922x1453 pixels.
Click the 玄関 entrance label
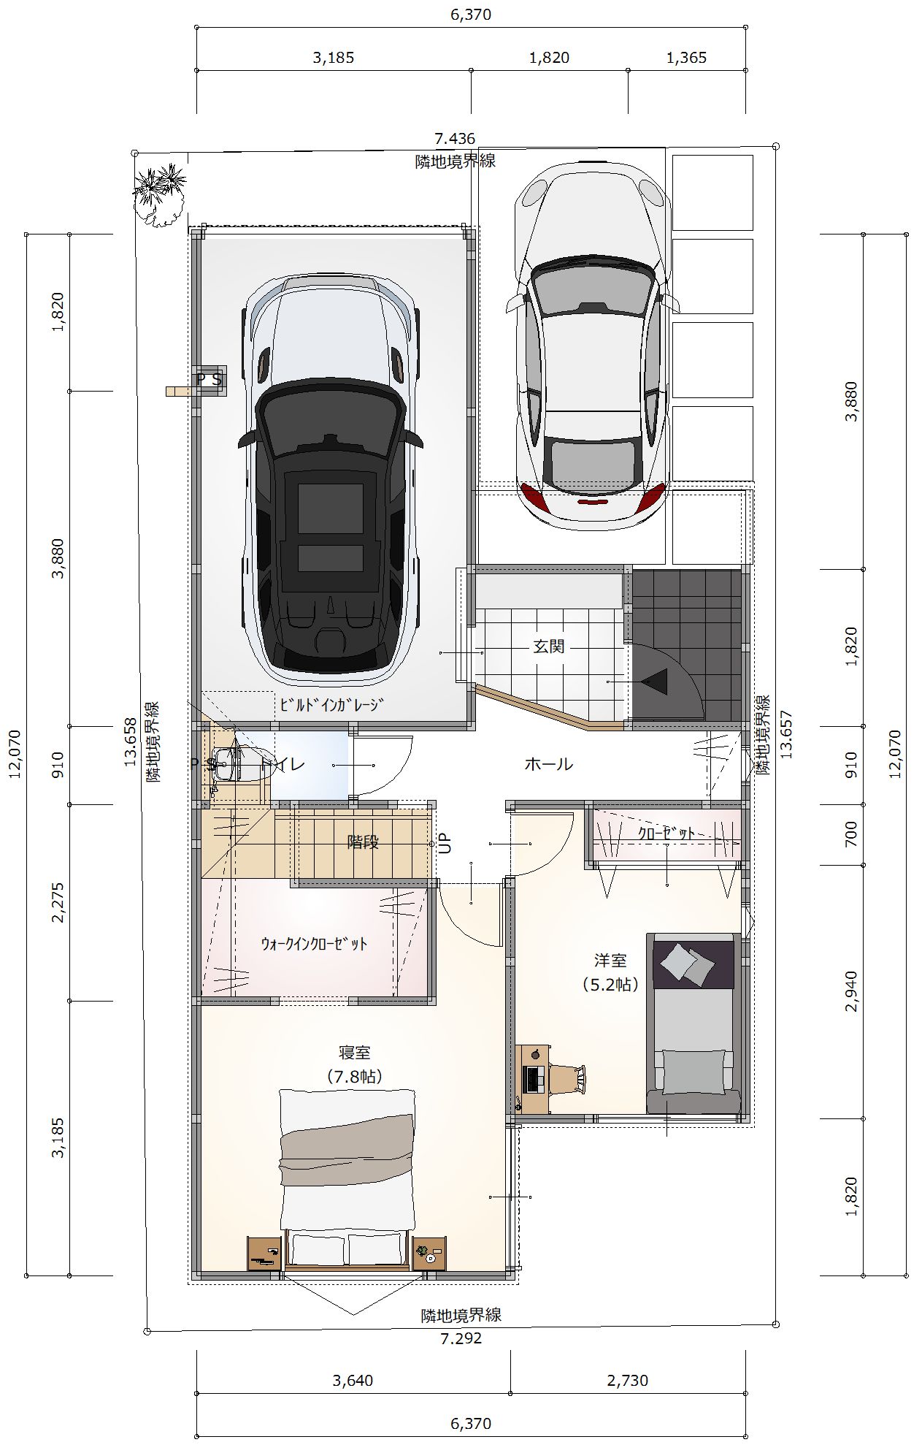(x=548, y=647)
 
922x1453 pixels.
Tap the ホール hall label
(x=549, y=764)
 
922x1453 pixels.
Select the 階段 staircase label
(x=363, y=842)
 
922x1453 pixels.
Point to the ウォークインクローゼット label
(x=315, y=943)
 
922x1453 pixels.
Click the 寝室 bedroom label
(x=355, y=1053)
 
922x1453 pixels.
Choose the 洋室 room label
(x=610, y=961)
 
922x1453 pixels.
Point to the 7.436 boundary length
(x=455, y=139)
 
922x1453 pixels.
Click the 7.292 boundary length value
(x=461, y=1338)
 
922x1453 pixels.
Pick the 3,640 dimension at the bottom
(x=353, y=1380)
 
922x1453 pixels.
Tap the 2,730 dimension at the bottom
(x=628, y=1380)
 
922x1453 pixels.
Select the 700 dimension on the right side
(x=851, y=834)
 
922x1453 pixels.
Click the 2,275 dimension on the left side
(x=58, y=902)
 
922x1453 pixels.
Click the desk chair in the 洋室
(x=567, y=1078)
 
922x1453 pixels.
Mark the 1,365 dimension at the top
(x=686, y=58)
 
